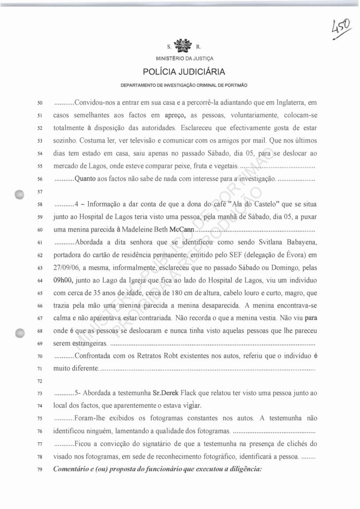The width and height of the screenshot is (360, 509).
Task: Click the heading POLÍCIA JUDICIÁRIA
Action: pyautogui.click(x=184, y=73)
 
